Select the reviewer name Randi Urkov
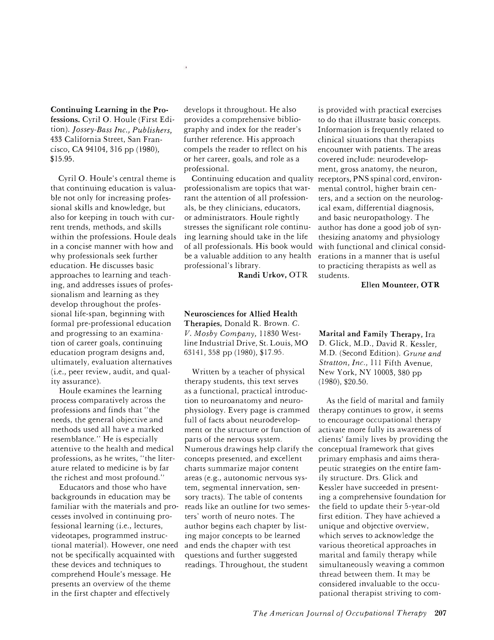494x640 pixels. pos(262,275)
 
